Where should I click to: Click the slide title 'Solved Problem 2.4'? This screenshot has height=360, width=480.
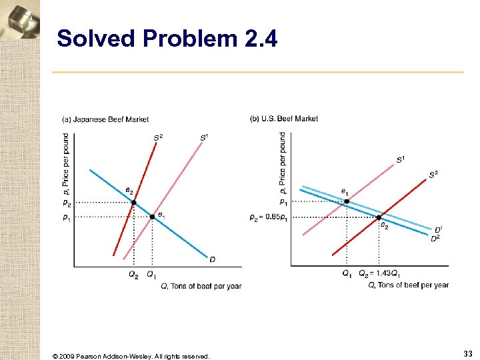point(167,39)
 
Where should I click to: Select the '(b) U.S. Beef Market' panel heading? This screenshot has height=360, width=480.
point(284,119)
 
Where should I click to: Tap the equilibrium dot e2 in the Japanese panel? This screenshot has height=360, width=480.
point(133,202)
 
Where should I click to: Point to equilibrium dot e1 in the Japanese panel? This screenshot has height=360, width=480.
point(152,217)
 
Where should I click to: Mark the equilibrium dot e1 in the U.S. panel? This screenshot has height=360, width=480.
point(346,201)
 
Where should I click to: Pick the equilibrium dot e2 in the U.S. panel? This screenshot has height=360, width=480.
point(379,217)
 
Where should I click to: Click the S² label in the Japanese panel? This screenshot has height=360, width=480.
point(158,138)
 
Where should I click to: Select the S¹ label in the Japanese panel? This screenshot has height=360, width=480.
point(204,138)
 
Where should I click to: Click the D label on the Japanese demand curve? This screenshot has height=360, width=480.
point(212,259)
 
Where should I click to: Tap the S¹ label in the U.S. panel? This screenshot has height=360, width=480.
point(401,159)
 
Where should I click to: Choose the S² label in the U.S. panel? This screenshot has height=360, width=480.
point(433,175)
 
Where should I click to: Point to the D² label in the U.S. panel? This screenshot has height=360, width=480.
point(435,238)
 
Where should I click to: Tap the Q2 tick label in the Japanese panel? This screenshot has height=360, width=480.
point(133,274)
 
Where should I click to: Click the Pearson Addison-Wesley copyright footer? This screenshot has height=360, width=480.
point(131,356)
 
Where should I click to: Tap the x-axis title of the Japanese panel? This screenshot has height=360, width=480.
point(201,286)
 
